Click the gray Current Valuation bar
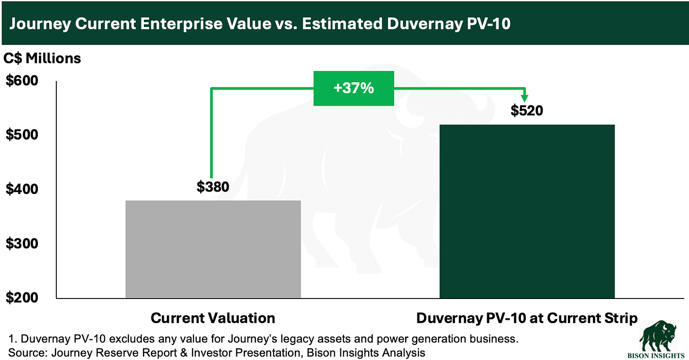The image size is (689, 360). pyautogui.click(x=213, y=249)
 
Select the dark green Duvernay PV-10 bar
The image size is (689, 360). pyautogui.click(x=527, y=211)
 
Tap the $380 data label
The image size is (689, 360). pyautogui.click(x=213, y=187)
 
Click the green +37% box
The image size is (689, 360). pyautogui.click(x=354, y=88)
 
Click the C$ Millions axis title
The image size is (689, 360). pyautogui.click(x=43, y=58)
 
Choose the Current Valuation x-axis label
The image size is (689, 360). pyautogui.click(x=213, y=318)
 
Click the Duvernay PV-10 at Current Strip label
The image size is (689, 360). pyautogui.click(x=527, y=318)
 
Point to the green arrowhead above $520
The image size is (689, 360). pyautogui.click(x=525, y=97)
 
